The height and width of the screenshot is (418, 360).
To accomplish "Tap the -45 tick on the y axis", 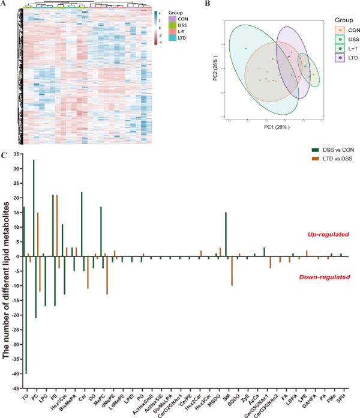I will pyautogui.click(x=14, y=389).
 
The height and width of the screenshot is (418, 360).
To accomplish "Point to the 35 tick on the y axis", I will pyautogui.click(x=14, y=154).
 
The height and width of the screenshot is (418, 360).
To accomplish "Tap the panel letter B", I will pyautogui.click(x=208, y=4).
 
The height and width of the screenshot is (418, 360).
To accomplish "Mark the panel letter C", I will pyautogui.click(x=4, y=154).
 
